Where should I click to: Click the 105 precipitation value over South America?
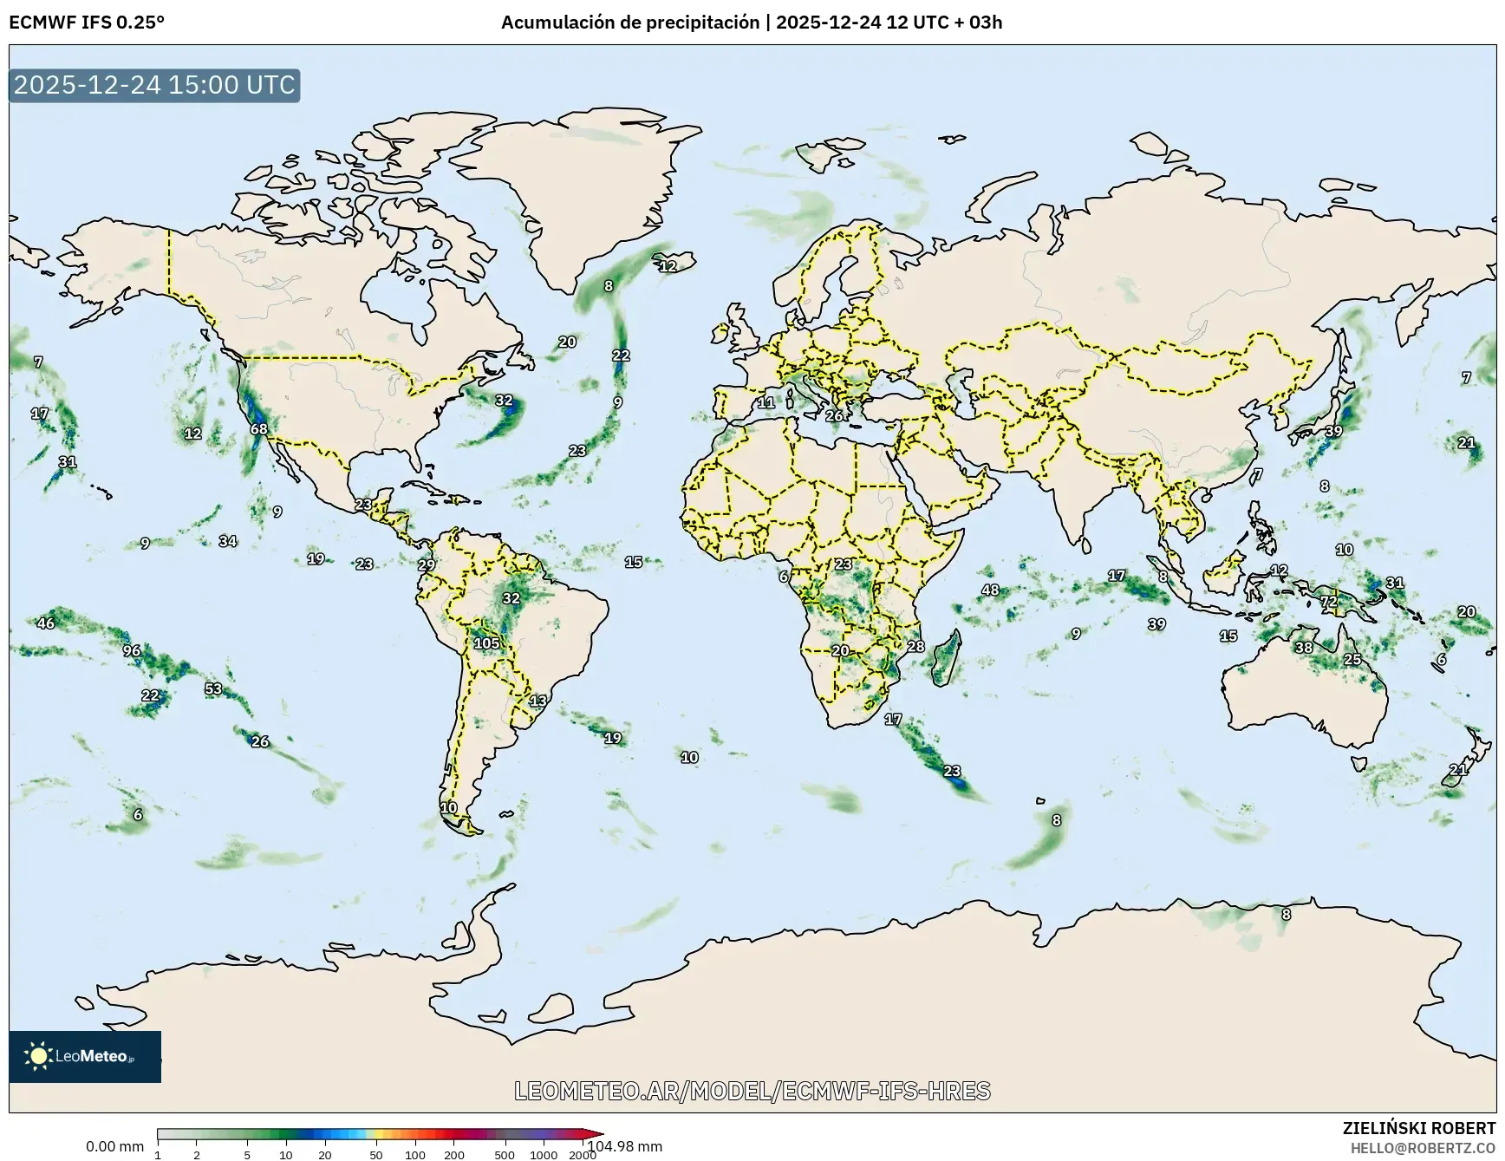click(486, 642)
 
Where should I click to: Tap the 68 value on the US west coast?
click(258, 429)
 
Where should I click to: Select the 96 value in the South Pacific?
click(131, 650)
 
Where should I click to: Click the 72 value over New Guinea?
click(1328, 601)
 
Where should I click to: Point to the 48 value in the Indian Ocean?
click(990, 590)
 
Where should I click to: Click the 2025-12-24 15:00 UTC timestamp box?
click(154, 85)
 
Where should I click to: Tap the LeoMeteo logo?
click(85, 1056)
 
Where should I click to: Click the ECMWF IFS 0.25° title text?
click(87, 23)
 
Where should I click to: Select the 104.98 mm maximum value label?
click(624, 1146)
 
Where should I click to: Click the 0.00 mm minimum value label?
click(114, 1146)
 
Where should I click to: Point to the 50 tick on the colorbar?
click(375, 1155)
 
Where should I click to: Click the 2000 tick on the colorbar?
click(582, 1155)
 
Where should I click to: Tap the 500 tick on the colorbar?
click(504, 1155)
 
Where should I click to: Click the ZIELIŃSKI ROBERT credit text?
click(1418, 1128)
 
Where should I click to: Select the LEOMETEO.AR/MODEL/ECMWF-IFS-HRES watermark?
click(752, 1091)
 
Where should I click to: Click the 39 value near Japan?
click(1333, 431)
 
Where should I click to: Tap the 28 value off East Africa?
click(915, 646)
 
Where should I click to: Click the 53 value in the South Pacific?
click(213, 688)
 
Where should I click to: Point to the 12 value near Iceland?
click(668, 266)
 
